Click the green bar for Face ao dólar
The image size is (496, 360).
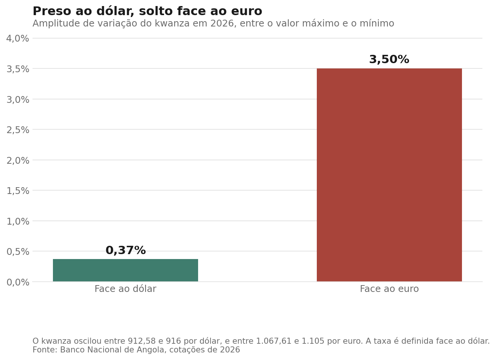click(x=126, y=270)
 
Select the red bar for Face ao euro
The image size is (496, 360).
click(x=389, y=175)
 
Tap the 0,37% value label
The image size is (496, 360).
click(x=126, y=250)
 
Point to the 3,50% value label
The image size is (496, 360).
click(x=389, y=59)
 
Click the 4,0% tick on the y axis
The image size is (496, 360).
click(x=18, y=39)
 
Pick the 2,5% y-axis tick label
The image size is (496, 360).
click(x=18, y=130)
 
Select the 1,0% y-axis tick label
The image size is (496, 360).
click(x=18, y=221)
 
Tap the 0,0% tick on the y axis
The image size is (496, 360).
click(x=18, y=282)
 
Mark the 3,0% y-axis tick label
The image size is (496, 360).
click(x=18, y=100)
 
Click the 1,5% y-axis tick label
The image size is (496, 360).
click(x=18, y=191)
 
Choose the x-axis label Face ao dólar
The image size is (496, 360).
click(x=126, y=289)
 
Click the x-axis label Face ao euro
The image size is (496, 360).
click(x=389, y=289)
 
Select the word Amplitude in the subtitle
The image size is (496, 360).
click(x=56, y=23)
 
